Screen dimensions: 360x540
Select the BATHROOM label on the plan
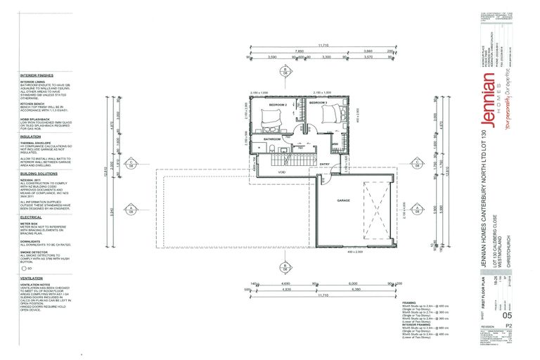tap(272, 139)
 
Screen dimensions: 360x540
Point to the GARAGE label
tap(343, 200)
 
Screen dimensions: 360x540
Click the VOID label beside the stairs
tap(281, 171)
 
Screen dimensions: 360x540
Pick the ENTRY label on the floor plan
tap(324, 164)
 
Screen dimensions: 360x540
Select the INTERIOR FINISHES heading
tap(37, 74)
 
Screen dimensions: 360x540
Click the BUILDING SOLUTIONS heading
tap(39, 172)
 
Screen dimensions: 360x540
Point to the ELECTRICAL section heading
tap(32, 217)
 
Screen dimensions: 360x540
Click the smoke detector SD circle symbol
tap(23, 268)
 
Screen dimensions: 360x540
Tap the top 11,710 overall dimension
tap(323, 46)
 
